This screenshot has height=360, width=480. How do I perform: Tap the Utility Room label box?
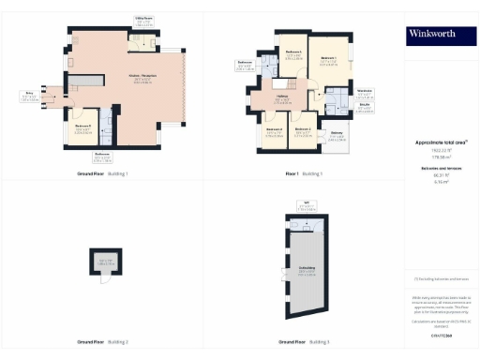click(x=143, y=20)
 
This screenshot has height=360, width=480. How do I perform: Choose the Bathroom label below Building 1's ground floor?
click(x=102, y=156)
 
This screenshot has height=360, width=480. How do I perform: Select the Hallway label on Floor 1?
click(x=281, y=98)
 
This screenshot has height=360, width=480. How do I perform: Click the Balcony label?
click(x=336, y=137)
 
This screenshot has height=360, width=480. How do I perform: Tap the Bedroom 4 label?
click(x=275, y=130)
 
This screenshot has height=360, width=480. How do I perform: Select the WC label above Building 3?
click(x=307, y=203)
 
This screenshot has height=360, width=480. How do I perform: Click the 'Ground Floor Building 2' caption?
click(x=102, y=341)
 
